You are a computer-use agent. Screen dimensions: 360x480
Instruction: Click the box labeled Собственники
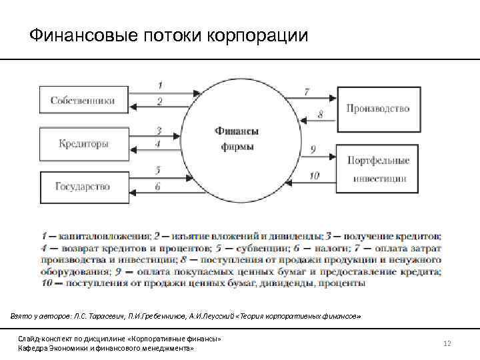click(x=83, y=101)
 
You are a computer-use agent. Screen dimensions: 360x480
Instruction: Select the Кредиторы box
click(x=83, y=144)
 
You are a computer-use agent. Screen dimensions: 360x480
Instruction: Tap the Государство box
click(x=83, y=187)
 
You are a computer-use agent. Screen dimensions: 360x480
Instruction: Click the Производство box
click(x=378, y=109)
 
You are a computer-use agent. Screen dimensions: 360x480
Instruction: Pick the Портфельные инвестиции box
click(x=378, y=169)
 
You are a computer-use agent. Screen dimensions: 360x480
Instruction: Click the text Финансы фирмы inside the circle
click(x=237, y=139)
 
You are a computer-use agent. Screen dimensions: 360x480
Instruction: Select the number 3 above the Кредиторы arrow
click(x=159, y=129)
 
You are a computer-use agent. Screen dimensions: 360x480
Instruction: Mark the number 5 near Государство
click(x=158, y=170)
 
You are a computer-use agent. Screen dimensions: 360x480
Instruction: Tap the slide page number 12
click(x=447, y=343)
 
